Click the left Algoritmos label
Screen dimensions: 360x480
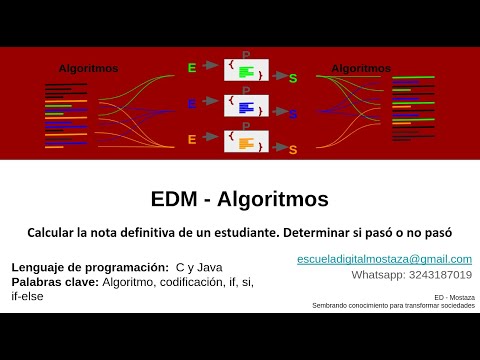[88, 69]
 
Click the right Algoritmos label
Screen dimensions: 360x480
[361, 69]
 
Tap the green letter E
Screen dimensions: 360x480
[192, 68]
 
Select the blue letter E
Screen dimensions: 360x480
[192, 103]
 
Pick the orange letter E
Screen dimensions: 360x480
[192, 139]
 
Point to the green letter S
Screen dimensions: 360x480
[293, 78]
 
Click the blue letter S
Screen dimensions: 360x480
[293, 114]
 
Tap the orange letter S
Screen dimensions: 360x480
[293, 150]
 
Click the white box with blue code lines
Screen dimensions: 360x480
[246, 106]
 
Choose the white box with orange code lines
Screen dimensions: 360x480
[246, 142]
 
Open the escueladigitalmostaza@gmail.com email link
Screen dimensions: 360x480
[384, 259]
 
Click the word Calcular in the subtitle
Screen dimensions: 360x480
[56, 232]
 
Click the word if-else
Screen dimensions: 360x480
[28, 296]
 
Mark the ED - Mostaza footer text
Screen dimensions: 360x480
[445, 297]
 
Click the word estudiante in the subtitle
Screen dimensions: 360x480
[261, 232]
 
